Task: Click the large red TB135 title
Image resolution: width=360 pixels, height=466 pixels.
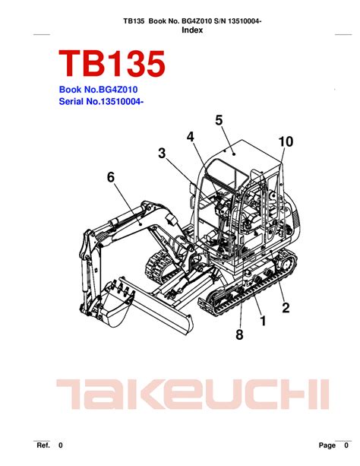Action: (112, 64)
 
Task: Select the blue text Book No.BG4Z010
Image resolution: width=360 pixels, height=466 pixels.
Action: (98, 90)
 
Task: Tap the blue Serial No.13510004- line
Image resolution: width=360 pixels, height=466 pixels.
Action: (101, 101)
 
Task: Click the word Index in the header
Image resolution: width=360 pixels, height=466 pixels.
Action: (192, 30)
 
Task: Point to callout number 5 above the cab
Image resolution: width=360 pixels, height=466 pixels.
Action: (219, 120)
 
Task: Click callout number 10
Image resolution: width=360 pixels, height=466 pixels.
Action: (286, 141)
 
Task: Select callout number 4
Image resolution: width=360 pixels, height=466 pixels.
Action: (191, 136)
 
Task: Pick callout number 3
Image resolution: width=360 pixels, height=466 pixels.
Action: (162, 153)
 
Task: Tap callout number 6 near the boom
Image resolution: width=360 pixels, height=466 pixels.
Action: (110, 177)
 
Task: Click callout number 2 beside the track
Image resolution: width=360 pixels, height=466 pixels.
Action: (286, 307)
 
